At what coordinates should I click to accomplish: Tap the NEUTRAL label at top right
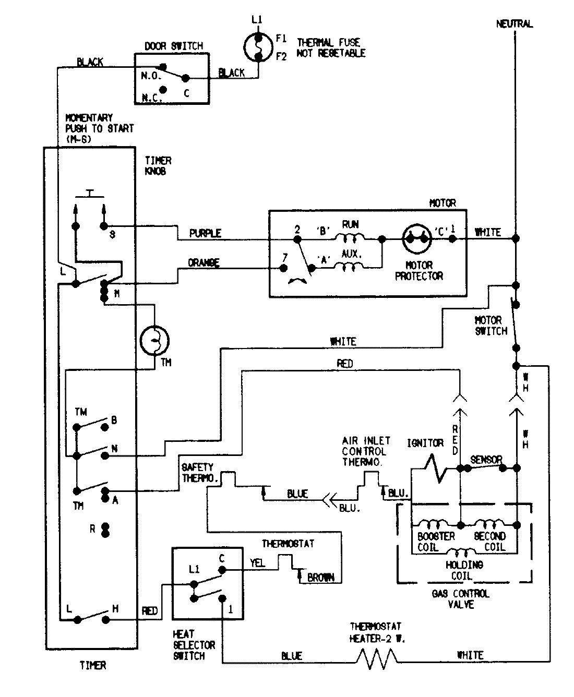point(514,24)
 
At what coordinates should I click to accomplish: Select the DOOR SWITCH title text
point(173,46)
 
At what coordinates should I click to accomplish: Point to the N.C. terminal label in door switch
point(152,98)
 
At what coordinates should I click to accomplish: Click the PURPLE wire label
point(205,233)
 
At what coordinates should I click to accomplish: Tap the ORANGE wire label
point(204,263)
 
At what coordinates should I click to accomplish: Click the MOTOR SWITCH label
point(490,325)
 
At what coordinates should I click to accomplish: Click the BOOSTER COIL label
point(436,542)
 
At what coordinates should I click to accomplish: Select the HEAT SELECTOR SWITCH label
point(194,645)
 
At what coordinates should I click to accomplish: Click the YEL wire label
point(257,563)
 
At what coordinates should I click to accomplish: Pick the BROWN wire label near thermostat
point(321,578)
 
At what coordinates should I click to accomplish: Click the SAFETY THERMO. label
point(198,473)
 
